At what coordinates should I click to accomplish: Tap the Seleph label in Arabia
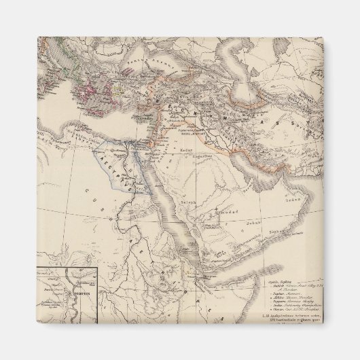pos(187,202)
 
